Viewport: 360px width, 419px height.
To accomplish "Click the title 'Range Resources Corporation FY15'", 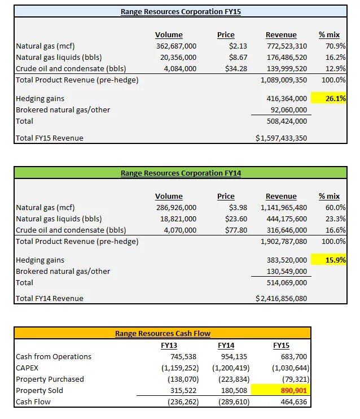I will click(x=181, y=11).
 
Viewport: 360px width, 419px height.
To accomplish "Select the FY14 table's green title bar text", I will click(x=181, y=173).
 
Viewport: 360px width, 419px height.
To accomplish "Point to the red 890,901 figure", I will click(x=292, y=391).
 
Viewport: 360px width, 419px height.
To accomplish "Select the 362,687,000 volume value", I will click(x=176, y=46).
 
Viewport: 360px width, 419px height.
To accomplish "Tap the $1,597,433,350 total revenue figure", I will click(x=281, y=138).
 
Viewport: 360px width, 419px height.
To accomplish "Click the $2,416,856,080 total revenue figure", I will click(x=281, y=299).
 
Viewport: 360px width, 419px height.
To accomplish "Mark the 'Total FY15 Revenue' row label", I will click(x=50, y=138).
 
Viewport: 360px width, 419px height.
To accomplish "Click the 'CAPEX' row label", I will click(x=28, y=368).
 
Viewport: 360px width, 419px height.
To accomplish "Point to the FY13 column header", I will click(x=169, y=345).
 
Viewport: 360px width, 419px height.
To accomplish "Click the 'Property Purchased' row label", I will click(x=50, y=379).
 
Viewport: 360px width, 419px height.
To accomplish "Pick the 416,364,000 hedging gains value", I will click(x=287, y=98).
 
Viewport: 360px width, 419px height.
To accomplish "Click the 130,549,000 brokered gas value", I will click(x=287, y=271).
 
